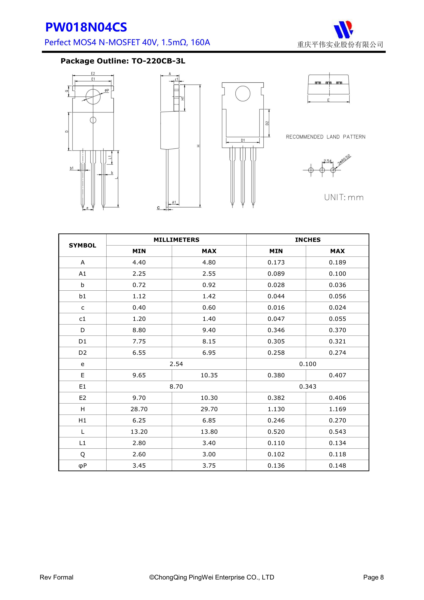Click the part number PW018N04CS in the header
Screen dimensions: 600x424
coord(86,27)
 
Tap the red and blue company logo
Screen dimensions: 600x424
coord(343,29)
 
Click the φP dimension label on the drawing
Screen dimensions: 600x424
coord(107,90)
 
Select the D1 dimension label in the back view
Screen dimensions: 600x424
coord(243,140)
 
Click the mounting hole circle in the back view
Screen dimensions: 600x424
coord(243,94)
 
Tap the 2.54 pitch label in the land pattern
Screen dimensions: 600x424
coord(327,161)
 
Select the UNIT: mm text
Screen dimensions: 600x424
coord(344,197)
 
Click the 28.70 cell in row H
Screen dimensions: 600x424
coord(139,409)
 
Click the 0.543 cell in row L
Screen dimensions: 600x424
coord(337,432)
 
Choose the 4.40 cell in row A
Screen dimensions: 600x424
coord(139,262)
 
